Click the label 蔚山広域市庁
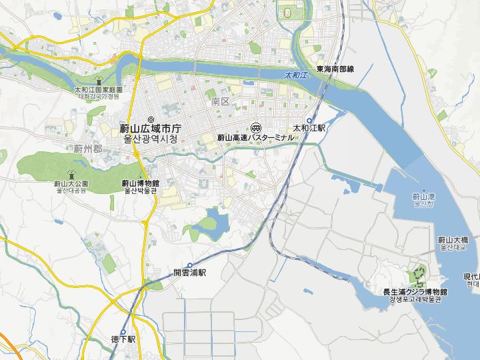click(151, 129)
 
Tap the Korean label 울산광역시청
click(151, 140)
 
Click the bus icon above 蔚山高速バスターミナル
click(256, 127)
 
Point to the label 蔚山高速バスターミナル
click(256, 137)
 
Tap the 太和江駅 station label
click(309, 127)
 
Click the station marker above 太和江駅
click(309, 120)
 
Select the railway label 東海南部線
click(335, 69)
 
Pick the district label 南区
click(219, 102)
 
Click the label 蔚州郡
click(88, 147)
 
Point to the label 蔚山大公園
click(71, 183)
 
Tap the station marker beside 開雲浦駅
click(189, 265)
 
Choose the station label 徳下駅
click(123, 339)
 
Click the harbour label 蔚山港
click(423, 197)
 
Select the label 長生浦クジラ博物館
click(415, 292)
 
